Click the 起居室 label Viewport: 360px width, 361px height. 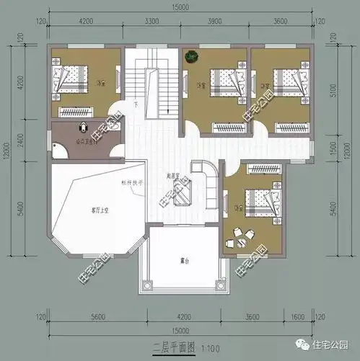(172, 175)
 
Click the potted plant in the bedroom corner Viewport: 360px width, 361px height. (190, 54)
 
